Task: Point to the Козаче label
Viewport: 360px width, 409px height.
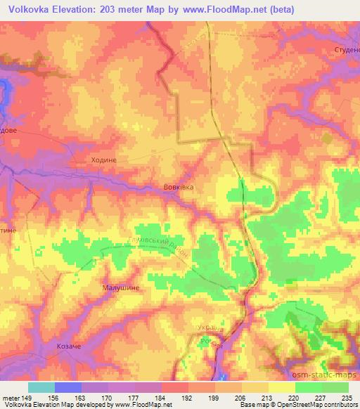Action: click(x=70, y=346)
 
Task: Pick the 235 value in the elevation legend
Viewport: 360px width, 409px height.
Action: click(x=349, y=397)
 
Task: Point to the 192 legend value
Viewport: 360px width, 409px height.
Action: click(x=188, y=397)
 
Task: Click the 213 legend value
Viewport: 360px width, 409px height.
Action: click(x=269, y=397)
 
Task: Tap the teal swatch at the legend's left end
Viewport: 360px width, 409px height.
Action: click(x=41, y=387)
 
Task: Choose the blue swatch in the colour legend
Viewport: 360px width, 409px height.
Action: click(x=68, y=387)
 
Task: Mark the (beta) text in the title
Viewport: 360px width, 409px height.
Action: click(x=279, y=9)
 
